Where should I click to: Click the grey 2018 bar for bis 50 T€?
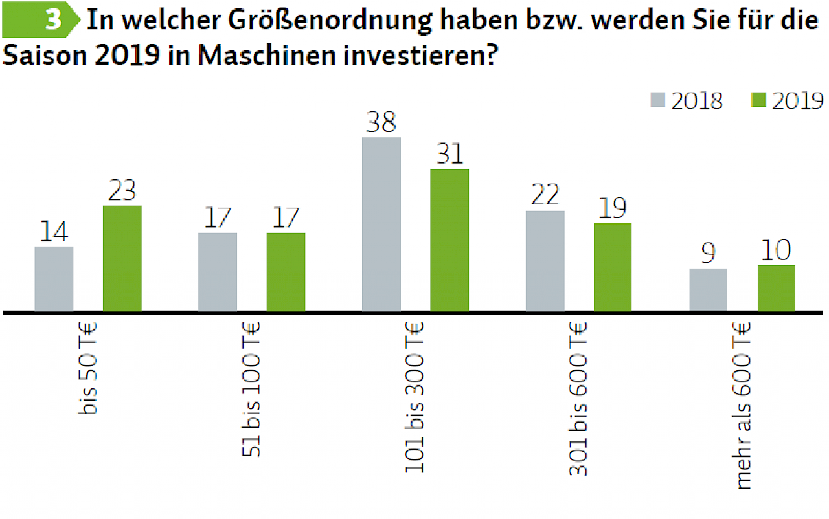pos(54,279)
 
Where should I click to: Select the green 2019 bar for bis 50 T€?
pos(122,259)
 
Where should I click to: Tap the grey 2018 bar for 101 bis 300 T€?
pos(381,225)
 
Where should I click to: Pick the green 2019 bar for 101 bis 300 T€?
pos(449,240)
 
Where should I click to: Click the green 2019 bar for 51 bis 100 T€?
pos(286,272)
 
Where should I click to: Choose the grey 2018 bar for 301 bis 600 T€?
pos(545,261)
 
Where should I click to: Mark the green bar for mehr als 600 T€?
pos(777,288)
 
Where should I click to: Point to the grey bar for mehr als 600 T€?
pos(709,290)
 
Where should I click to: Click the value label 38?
pos(381,122)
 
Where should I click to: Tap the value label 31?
pos(449,154)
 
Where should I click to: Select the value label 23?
pos(122,191)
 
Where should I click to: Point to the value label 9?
pos(709,254)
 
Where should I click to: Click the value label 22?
pos(545,195)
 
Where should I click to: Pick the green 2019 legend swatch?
pos(758,100)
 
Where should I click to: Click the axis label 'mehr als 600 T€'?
pos(743,405)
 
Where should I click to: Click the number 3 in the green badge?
pos(53,21)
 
